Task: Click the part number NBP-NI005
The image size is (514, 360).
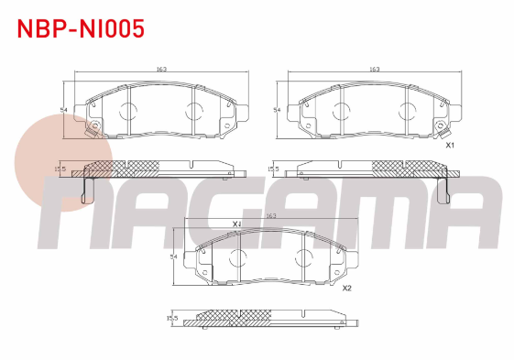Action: (81, 28)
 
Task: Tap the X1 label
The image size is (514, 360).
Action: (450, 146)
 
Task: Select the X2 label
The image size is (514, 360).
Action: (347, 289)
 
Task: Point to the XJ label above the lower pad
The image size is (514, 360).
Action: (236, 224)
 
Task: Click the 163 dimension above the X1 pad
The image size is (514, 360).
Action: (375, 70)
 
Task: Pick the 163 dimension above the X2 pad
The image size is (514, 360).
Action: (271, 216)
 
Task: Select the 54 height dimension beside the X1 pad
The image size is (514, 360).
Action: (277, 110)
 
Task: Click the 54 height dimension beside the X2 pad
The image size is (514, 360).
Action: (173, 256)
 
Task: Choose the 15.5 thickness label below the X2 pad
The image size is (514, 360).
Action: (172, 318)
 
